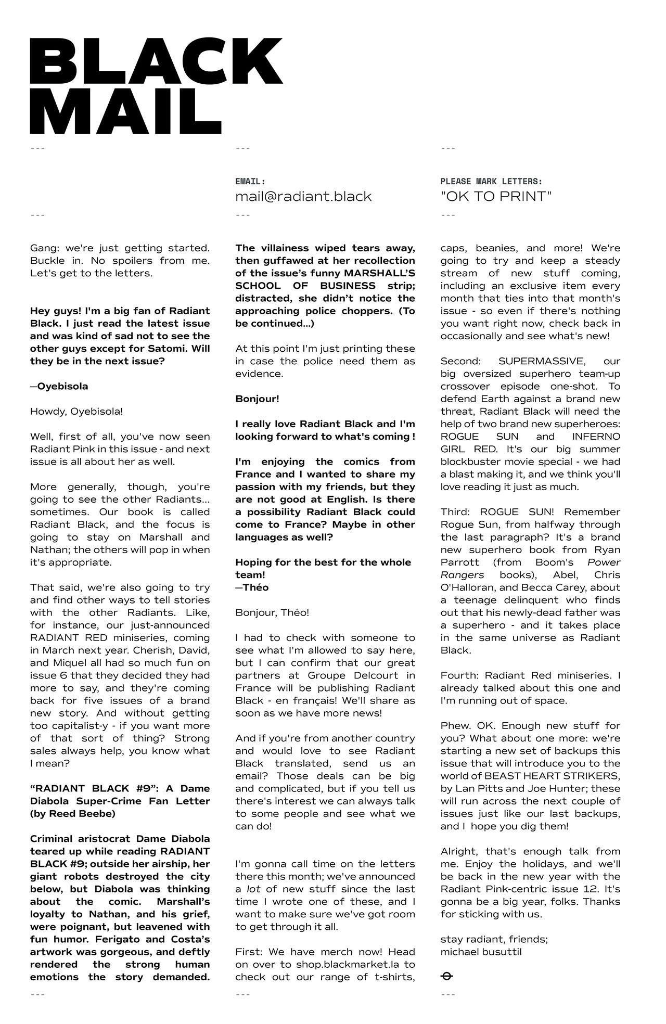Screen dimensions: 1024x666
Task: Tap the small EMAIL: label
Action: point(250,182)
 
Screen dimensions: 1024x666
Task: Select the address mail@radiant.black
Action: point(303,197)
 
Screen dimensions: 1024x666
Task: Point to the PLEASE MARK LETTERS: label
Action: point(491,182)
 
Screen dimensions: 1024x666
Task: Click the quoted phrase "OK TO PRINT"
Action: point(496,197)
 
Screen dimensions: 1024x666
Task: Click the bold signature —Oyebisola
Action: point(59,386)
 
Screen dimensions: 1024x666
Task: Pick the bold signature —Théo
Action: point(252,587)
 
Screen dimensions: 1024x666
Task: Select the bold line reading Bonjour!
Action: point(257,399)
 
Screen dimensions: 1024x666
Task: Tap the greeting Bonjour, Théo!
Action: point(272,612)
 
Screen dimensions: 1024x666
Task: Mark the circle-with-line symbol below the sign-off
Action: point(446,976)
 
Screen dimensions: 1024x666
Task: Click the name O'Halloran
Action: point(466,587)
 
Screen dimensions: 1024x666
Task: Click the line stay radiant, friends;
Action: point(494,939)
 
